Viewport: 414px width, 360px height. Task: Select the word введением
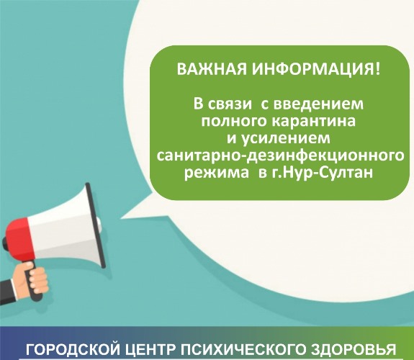point(318,104)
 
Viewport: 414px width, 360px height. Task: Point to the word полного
point(235,121)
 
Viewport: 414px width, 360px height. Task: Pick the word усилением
point(286,138)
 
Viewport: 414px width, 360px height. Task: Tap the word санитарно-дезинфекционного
point(280,156)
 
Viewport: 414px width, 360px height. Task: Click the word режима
point(216,173)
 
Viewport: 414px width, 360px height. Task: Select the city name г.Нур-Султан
point(317,173)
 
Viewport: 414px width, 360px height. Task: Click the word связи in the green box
point(230,104)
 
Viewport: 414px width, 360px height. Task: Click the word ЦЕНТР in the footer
point(145,350)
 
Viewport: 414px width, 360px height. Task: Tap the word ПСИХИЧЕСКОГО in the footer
point(243,350)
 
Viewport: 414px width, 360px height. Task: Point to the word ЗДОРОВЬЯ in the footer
point(353,350)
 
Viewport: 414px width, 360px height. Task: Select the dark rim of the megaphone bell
point(95,225)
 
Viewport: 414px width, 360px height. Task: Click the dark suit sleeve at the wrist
point(7,294)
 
